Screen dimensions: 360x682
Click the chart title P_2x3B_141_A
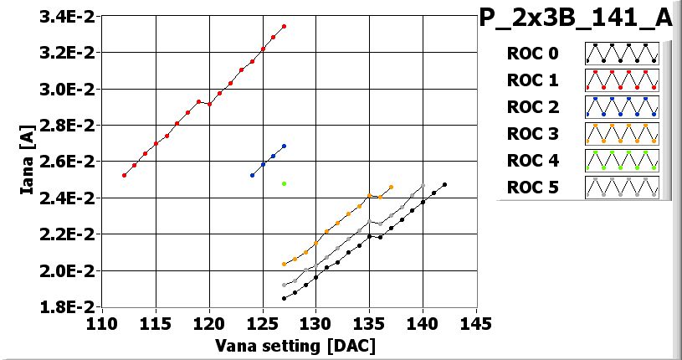tap(576, 18)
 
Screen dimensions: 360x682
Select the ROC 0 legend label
tap(532, 54)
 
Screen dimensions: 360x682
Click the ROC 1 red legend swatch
tap(622, 80)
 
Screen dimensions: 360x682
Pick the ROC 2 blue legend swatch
tap(622, 107)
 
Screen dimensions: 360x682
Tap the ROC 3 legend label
tap(532, 134)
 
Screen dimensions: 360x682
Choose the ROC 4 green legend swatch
tap(622, 160)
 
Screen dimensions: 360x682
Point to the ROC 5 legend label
tap(532, 187)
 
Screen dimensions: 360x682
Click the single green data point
tap(285, 183)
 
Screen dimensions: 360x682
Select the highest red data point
tap(285, 27)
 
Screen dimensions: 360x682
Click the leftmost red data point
tap(124, 175)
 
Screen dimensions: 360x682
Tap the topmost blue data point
tap(285, 146)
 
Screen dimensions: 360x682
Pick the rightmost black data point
tap(444, 184)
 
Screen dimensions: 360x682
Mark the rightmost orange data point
tap(391, 187)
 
